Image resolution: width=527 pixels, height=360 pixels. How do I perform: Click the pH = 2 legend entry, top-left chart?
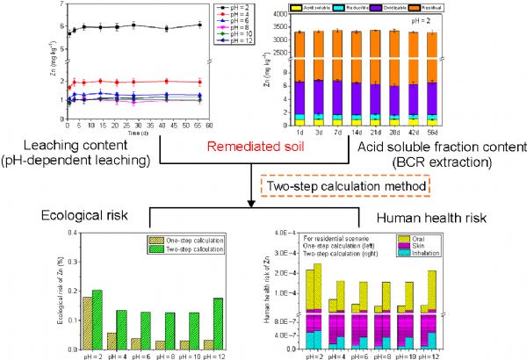[230, 8]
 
